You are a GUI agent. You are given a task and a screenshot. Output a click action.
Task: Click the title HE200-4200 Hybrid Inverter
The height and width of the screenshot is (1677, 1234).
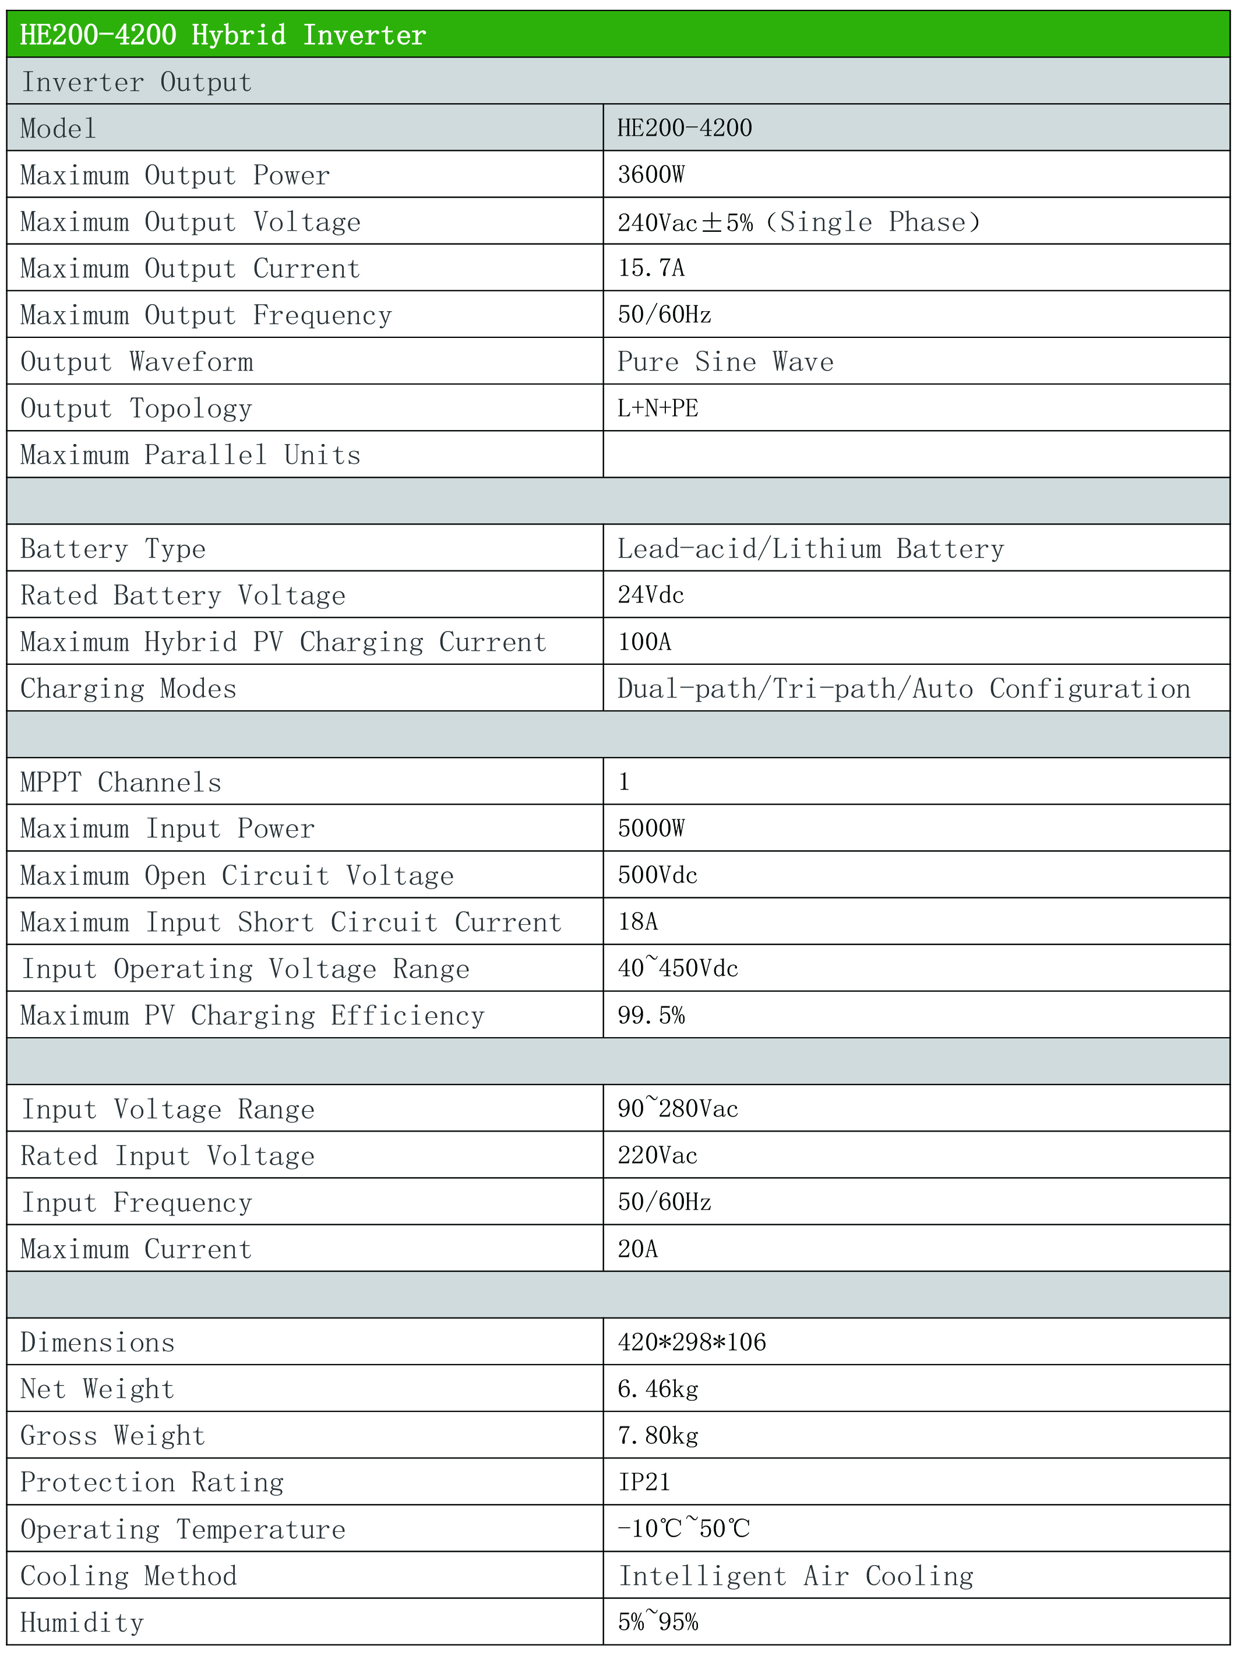223,35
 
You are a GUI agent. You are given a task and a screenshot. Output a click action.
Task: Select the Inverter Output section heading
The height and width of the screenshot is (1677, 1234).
137,82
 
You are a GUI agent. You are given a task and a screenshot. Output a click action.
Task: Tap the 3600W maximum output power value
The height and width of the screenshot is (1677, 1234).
651,175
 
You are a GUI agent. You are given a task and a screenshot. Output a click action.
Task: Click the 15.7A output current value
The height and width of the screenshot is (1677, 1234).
651,268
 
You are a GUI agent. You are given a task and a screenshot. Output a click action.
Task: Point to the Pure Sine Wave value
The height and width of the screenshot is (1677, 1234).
725,361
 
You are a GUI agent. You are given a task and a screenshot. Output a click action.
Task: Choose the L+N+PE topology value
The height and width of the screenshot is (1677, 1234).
657,408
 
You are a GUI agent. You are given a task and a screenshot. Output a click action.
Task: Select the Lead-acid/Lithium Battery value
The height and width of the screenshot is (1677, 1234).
810,549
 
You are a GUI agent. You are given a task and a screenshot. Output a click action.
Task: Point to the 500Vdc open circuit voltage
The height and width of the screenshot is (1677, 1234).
657,875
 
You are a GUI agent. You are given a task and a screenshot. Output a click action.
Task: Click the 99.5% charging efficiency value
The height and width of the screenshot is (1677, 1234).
651,1015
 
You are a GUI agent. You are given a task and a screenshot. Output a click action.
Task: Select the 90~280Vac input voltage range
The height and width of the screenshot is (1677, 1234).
678,1108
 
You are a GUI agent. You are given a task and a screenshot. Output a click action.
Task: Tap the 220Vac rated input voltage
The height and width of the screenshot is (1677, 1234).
657,1155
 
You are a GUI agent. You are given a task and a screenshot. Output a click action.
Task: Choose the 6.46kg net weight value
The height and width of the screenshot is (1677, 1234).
657,1389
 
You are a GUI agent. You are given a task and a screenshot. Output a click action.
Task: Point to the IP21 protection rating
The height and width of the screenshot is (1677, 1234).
644,1482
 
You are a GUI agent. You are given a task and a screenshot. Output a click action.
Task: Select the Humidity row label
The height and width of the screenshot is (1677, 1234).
82,1622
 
